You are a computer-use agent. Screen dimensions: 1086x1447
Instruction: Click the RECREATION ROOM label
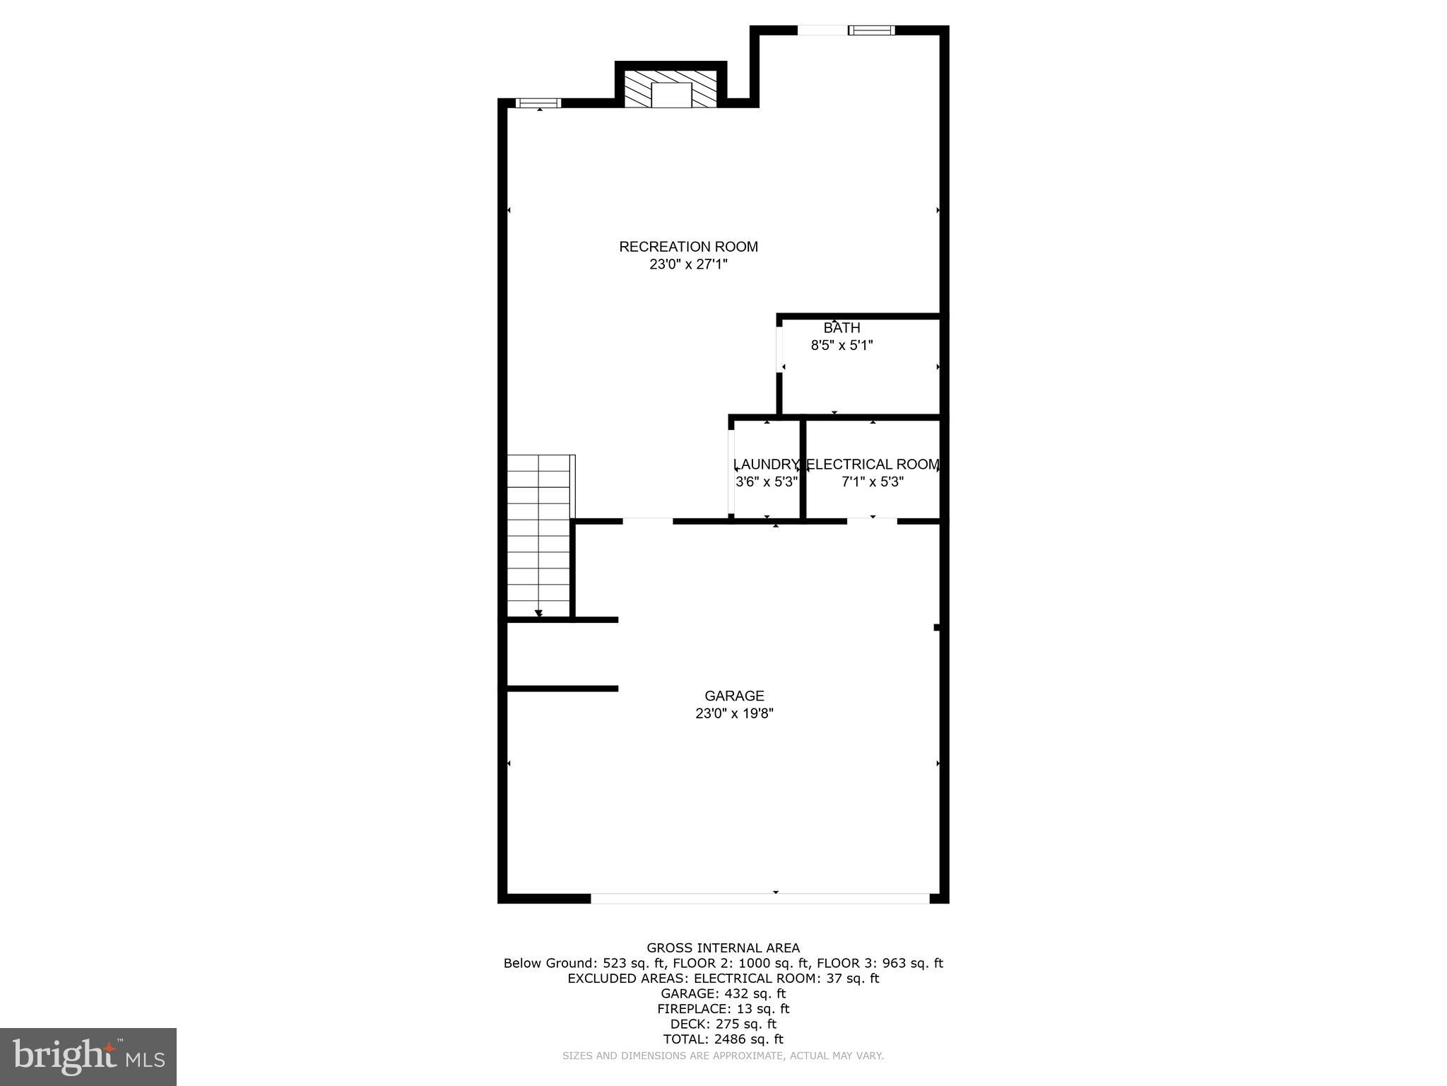point(688,247)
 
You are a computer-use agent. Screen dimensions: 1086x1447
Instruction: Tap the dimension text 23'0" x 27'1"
point(688,264)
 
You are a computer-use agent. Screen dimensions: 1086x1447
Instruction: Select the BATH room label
point(841,328)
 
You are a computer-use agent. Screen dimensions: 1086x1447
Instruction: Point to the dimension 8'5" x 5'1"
point(841,346)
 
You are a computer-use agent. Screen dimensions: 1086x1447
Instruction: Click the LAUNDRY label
point(766,465)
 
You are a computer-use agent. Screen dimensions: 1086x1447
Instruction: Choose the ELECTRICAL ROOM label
point(873,465)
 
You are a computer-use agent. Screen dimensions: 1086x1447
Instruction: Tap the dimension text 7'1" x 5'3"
point(873,482)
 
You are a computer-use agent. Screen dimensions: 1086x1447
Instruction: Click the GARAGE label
point(734,696)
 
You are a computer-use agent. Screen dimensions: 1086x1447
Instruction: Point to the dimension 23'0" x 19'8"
point(734,713)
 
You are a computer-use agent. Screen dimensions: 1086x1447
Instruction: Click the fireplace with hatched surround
point(671,90)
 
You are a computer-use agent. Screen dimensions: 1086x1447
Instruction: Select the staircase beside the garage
point(538,535)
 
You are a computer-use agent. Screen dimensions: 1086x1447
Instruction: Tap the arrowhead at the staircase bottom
point(539,613)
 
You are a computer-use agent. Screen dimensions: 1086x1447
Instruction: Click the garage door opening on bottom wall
point(760,898)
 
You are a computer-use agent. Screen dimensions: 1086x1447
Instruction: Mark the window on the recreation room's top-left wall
point(539,103)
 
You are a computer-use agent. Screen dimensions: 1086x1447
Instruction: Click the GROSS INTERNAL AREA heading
point(723,948)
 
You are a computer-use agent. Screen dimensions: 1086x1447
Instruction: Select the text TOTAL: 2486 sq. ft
point(723,1039)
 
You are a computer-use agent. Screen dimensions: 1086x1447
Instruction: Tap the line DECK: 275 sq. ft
point(723,1024)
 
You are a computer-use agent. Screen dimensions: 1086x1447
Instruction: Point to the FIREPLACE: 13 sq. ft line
point(723,1009)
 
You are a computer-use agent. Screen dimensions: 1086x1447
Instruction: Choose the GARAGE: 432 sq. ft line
point(723,993)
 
